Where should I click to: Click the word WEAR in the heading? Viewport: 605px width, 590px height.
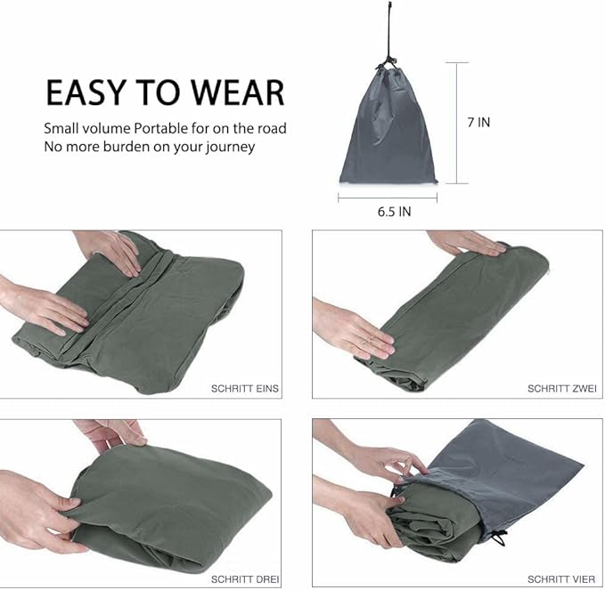(236, 93)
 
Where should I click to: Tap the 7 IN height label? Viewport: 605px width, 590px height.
(478, 123)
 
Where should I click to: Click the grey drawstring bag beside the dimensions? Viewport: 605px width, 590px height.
(388, 133)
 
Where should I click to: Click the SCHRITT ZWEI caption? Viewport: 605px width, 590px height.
(562, 389)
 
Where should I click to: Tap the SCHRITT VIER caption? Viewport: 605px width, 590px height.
(562, 579)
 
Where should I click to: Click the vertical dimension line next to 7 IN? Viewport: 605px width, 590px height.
(456, 123)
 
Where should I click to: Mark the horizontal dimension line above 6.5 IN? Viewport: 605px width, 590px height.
(388, 198)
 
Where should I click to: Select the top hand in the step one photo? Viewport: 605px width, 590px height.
(111, 249)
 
